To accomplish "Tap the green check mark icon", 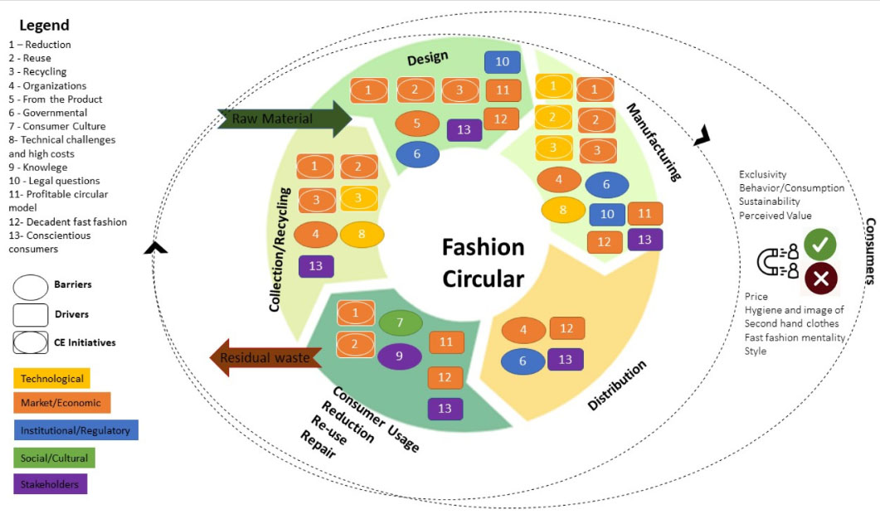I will (x=819, y=244).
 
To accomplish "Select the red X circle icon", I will (x=820, y=279).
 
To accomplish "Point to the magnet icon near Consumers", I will (x=777, y=261).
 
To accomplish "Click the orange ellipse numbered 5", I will (x=417, y=124).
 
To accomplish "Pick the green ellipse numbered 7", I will (x=400, y=322).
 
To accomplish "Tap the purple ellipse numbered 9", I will (x=400, y=357).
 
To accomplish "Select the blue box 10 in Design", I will (x=503, y=62).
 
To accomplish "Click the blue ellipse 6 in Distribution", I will (x=523, y=360).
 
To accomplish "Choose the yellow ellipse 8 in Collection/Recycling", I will (x=362, y=235).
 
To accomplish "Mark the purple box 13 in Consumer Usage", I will (x=445, y=409).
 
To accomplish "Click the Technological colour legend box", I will (x=51, y=378).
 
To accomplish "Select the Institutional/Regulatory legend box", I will (x=75, y=430).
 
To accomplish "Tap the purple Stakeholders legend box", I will (x=51, y=483).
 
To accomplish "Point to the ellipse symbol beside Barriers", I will (x=31, y=286).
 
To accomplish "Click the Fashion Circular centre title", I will (x=483, y=262).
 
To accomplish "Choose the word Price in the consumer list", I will (x=756, y=296).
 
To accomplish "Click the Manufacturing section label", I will (x=653, y=142).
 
